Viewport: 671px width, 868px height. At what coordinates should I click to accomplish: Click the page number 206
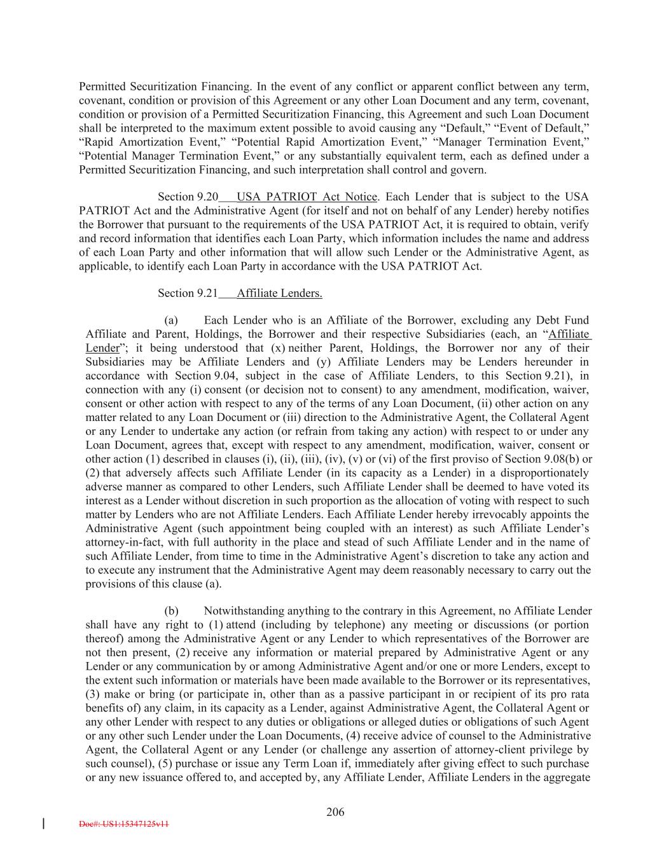[x=335, y=811]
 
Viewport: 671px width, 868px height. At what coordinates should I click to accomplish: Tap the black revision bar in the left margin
[x=43, y=824]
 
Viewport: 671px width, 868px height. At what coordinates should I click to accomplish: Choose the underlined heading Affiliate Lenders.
[x=279, y=293]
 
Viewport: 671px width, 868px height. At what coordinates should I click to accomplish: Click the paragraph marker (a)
[x=170, y=320]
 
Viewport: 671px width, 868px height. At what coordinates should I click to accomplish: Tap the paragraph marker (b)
[x=171, y=611]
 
